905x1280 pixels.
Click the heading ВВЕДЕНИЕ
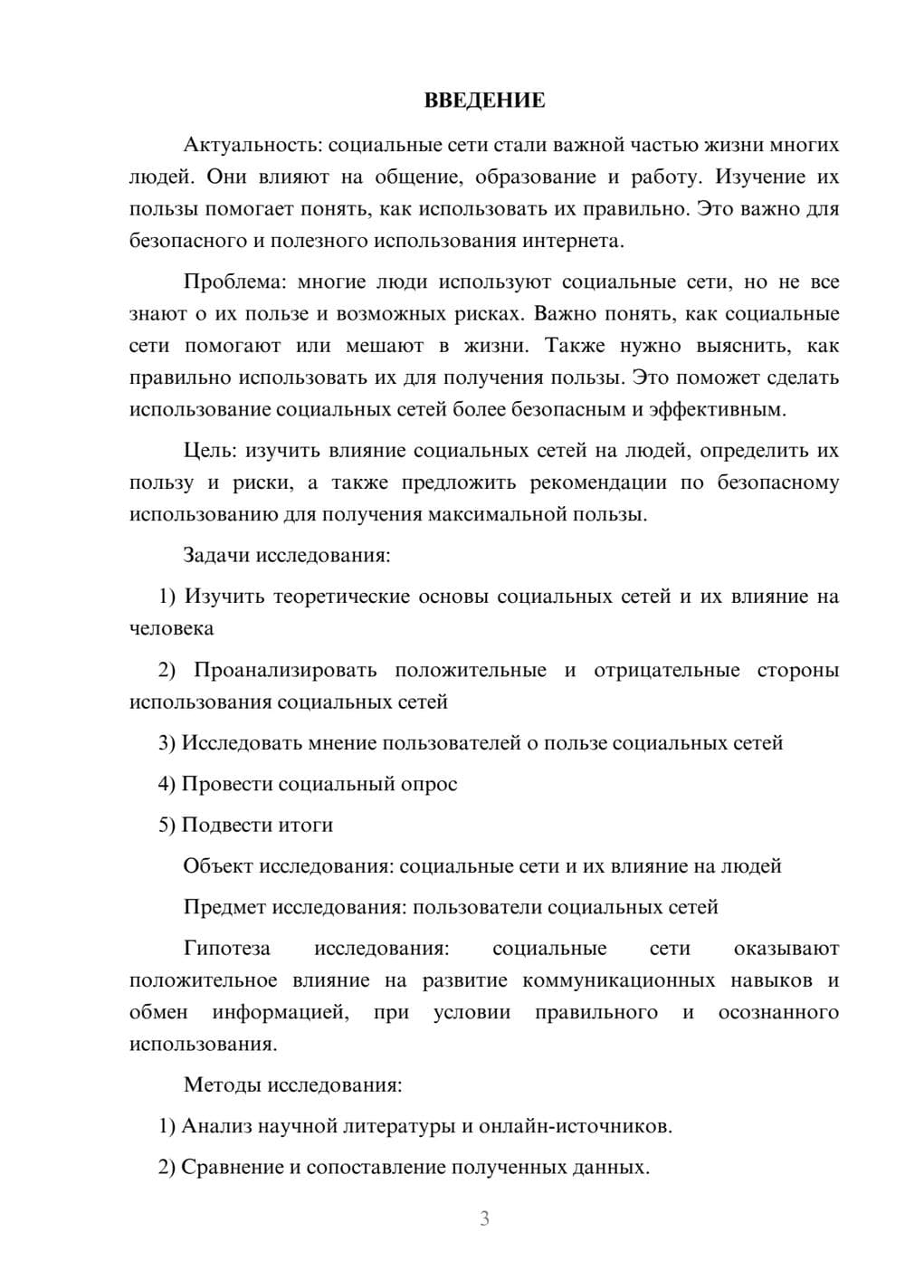click(x=484, y=100)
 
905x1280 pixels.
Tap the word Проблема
click(x=233, y=282)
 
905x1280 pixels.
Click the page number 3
click(x=484, y=1218)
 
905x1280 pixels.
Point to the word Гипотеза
click(x=226, y=949)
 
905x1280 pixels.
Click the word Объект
click(x=218, y=866)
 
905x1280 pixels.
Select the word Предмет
click(x=224, y=907)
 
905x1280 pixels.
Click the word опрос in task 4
click(x=428, y=784)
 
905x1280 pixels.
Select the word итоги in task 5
click(x=303, y=825)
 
